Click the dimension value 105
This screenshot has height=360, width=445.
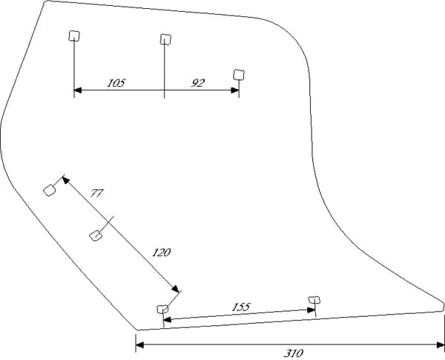[116, 83]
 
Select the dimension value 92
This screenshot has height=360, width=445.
[197, 83]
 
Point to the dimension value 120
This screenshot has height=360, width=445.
[162, 252]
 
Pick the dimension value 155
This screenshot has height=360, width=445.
[240, 306]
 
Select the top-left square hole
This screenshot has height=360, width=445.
[73, 36]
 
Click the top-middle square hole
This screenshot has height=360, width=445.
[165, 39]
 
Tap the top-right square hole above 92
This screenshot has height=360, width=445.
[238, 73]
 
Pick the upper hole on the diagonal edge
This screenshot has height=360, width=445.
[50, 189]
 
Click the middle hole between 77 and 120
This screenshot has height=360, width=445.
[95, 235]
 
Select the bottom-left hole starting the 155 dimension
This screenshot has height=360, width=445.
[162, 308]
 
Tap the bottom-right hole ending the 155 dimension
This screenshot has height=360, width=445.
[314, 300]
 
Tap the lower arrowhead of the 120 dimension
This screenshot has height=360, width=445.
[177, 291]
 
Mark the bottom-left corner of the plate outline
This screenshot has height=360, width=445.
[137, 329]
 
